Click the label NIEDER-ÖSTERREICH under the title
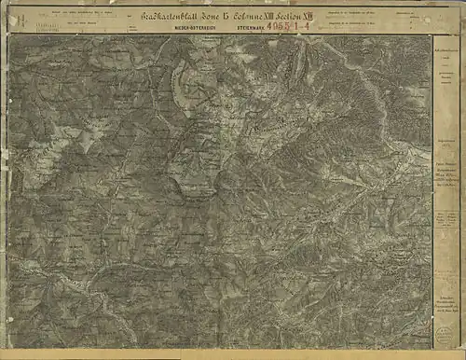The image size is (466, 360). pos(191,28)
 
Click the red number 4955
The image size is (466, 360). pos(282,28)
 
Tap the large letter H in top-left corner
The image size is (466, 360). pos(9,17)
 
